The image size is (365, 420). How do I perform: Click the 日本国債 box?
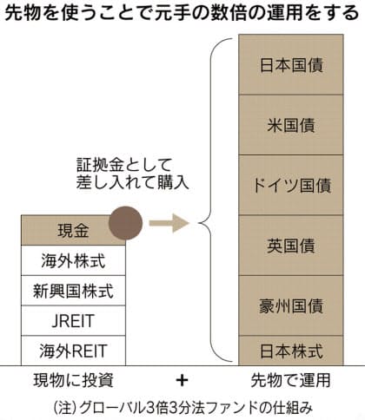(291, 64)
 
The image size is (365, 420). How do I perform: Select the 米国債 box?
(291, 125)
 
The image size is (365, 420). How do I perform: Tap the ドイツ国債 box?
(291, 185)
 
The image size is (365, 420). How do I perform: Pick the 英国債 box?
(291, 246)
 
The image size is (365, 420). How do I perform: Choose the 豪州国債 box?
(291, 305)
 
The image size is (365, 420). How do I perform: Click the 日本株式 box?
(291, 351)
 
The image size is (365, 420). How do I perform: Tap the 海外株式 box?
(73, 260)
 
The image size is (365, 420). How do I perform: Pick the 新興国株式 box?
(73, 291)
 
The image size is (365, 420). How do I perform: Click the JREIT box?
(73, 321)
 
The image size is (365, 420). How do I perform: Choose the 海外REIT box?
(73, 351)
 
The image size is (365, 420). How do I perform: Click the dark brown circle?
(125, 223)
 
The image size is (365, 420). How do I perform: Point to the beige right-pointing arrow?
(169, 223)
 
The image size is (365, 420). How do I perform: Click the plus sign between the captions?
(182, 380)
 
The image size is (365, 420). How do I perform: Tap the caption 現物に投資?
(73, 380)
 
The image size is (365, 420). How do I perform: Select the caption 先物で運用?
(290, 380)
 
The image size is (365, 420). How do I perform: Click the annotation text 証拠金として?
(124, 165)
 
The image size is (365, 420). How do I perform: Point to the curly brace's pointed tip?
(199, 223)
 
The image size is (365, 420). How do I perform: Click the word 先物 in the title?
(23, 13)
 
